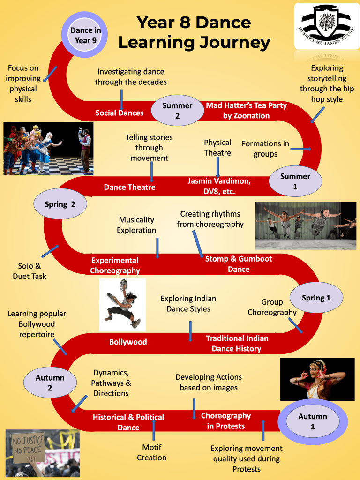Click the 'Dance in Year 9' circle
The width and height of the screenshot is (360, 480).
point(84,35)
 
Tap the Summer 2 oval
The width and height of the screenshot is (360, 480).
point(178,110)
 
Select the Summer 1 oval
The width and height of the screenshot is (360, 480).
point(295,181)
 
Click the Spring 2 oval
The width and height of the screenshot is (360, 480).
point(60,204)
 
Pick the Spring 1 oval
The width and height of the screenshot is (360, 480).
point(316,298)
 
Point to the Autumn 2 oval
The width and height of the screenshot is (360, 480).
point(50,382)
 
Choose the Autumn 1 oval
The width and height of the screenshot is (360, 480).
point(313,421)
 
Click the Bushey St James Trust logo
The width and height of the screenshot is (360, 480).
point(327,26)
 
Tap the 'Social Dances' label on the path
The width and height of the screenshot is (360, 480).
point(120,113)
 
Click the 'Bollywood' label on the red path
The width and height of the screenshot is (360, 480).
point(128,342)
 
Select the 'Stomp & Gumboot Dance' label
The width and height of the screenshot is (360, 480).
point(239,264)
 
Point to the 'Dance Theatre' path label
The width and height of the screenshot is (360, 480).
point(129,187)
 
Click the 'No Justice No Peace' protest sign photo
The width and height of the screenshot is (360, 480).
point(43,453)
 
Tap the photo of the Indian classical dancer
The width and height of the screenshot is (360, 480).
point(317,379)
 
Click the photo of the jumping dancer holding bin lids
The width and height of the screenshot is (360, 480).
point(122,305)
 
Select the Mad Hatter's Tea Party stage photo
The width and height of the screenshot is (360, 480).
point(48,149)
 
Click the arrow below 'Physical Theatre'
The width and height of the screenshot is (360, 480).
point(217,167)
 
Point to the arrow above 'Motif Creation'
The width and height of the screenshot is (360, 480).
point(154,430)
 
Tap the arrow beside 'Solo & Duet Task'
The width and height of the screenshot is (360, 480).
point(50,251)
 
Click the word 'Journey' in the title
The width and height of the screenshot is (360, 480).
point(232,43)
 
